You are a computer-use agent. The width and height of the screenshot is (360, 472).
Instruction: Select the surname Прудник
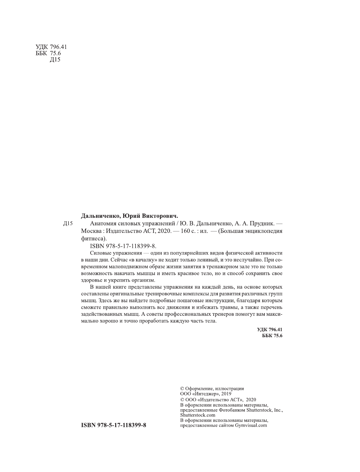[x=262, y=224]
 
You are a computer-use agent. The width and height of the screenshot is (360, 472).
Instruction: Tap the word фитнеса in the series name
[x=92, y=238]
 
